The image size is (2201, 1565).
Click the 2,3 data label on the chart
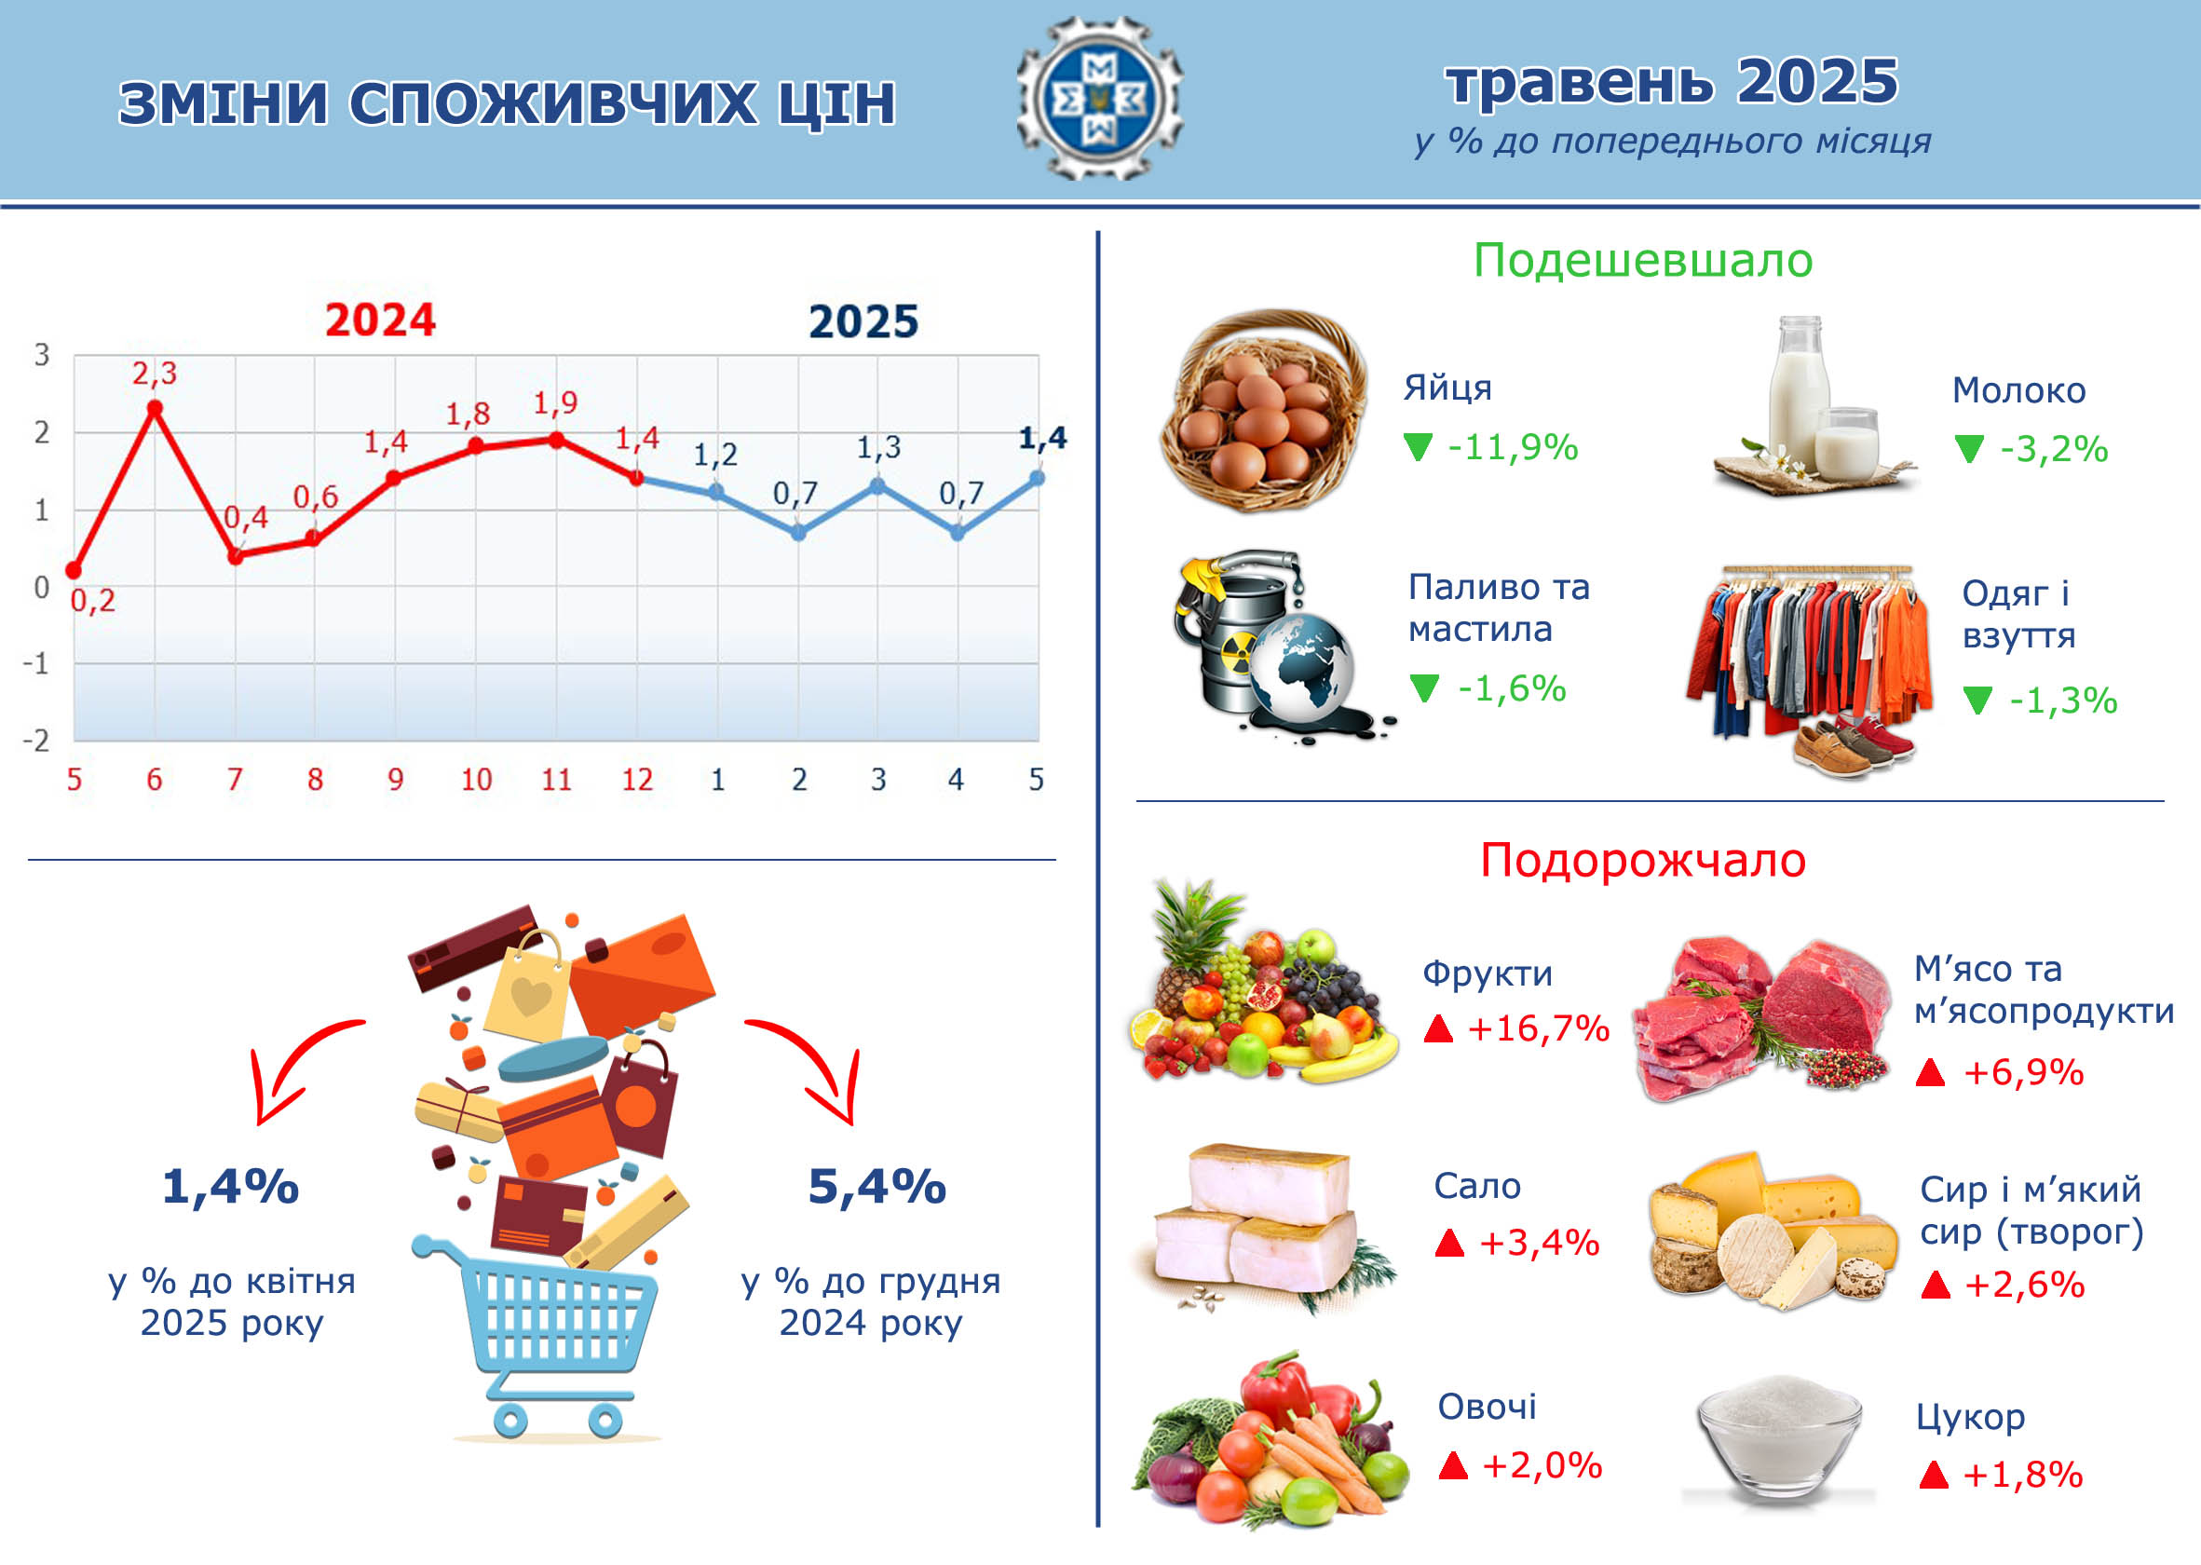pos(155,373)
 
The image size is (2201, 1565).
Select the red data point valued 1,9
pos(556,440)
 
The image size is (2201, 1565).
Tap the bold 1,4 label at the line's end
pos(1042,439)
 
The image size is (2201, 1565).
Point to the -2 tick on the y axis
pos(35,740)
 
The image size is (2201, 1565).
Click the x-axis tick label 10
pos(476,779)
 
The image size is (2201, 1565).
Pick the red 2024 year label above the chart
pos(380,320)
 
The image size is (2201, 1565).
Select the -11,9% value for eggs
pos(1512,447)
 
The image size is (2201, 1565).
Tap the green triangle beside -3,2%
pos(1969,448)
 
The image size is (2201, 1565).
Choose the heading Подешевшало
pos(1643,260)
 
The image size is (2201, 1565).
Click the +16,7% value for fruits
pos(1538,1028)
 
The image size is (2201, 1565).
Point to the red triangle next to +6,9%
pos(1930,1071)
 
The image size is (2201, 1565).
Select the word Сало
pos(1477,1185)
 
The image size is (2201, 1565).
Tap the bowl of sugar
pos(1779,1438)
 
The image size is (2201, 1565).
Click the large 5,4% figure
pos(876,1186)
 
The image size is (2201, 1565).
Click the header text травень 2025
pos(1672,81)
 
